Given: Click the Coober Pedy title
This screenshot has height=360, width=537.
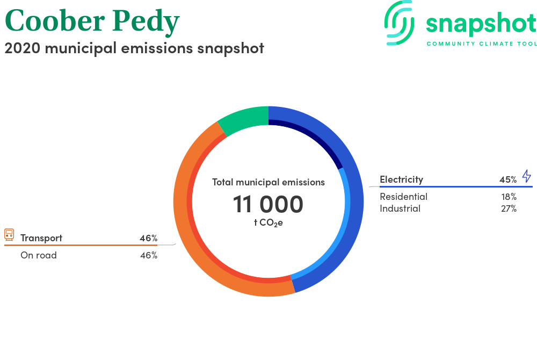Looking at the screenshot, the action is pyautogui.click(x=92, y=21).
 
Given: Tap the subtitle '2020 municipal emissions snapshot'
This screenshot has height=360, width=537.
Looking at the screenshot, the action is pyautogui.click(x=134, y=48).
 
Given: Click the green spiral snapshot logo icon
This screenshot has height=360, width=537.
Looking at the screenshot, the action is pyautogui.click(x=399, y=23).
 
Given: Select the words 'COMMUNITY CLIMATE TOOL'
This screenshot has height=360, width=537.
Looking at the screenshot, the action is pyautogui.click(x=482, y=44).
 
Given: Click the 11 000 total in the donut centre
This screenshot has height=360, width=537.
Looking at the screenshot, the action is pyautogui.click(x=268, y=204).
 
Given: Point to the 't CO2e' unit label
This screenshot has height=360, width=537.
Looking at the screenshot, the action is pyautogui.click(x=268, y=222).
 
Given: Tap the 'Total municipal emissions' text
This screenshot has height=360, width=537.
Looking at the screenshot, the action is pyautogui.click(x=268, y=182).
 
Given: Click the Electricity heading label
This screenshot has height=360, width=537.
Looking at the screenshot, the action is pyautogui.click(x=401, y=179).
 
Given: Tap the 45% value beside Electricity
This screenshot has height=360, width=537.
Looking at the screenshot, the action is pyautogui.click(x=508, y=179).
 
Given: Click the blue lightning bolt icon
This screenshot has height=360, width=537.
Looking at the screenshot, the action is pyautogui.click(x=526, y=176).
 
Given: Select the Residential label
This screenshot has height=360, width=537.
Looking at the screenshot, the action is pyautogui.click(x=403, y=197).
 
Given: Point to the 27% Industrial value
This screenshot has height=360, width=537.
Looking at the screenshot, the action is pyautogui.click(x=509, y=208).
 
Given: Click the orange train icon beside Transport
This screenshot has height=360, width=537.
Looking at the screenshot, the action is pyautogui.click(x=9, y=235).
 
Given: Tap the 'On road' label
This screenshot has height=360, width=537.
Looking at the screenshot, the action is pyautogui.click(x=39, y=255).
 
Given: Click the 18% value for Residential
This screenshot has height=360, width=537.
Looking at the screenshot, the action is pyautogui.click(x=509, y=197).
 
